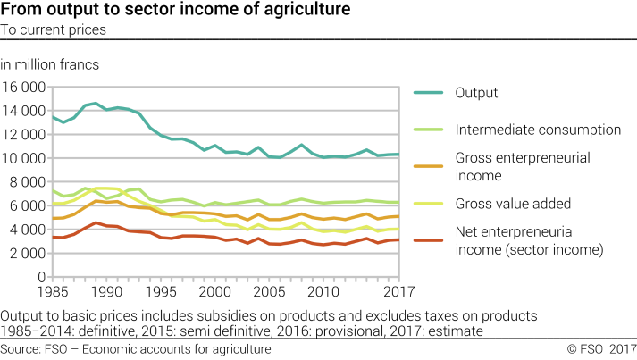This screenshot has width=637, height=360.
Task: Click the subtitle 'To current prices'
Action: [x=54, y=29]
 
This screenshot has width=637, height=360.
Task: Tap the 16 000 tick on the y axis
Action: [x=23, y=88]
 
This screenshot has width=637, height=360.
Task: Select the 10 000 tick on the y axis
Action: [x=23, y=158]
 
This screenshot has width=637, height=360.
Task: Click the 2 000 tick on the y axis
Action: [x=27, y=253]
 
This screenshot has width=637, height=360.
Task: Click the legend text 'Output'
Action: [x=476, y=93]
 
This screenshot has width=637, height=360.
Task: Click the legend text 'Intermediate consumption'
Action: [x=538, y=130]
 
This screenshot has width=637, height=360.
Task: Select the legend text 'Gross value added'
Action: [x=512, y=205]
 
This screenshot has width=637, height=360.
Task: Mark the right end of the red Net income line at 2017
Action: [x=396, y=239]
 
